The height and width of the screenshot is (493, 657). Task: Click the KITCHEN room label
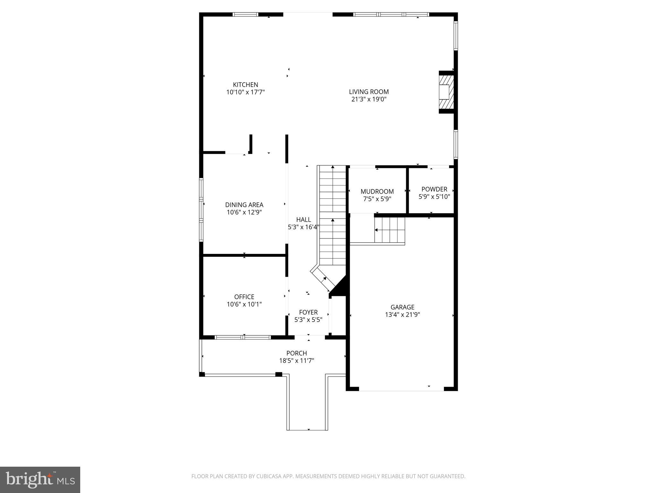coord(245,85)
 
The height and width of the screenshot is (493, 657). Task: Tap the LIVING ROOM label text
coord(369,92)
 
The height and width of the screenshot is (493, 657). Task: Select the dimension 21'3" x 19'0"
coord(369,99)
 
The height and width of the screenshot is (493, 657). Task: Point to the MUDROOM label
coord(377,192)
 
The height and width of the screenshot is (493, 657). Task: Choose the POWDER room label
coord(434,189)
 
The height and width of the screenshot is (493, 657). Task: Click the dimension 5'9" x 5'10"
coord(434,197)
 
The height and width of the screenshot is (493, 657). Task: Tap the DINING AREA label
coord(244,205)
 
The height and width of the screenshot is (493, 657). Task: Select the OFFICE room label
coord(244,297)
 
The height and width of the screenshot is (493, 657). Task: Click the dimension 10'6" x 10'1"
coord(244,304)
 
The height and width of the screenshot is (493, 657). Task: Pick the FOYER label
coord(308,312)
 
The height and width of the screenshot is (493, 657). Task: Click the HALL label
coord(303,220)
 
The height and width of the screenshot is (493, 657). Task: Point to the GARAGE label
coord(402,307)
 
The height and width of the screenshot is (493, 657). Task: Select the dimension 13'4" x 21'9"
coord(402,315)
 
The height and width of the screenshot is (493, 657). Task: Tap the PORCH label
coord(296,353)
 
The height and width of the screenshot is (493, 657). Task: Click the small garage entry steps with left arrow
coord(389,230)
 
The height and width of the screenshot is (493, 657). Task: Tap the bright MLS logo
coord(40,480)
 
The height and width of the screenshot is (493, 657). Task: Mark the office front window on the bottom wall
coord(243,337)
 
